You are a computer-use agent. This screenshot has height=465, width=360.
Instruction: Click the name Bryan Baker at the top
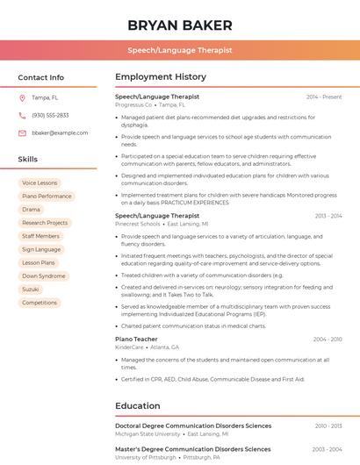pos(180,25)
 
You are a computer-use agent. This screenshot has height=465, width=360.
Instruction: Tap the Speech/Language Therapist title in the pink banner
pos(180,50)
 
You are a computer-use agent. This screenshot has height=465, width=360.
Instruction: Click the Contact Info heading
pos(41,77)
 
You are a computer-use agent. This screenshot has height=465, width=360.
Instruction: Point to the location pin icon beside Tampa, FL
pos(22,97)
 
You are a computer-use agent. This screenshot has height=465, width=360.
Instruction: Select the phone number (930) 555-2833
pos(50,115)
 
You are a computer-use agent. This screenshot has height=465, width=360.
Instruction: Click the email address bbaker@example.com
pos(60,132)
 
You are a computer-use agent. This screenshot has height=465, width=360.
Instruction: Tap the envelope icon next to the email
pos(22,132)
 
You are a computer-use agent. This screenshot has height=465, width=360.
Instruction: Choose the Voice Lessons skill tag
pos(40,182)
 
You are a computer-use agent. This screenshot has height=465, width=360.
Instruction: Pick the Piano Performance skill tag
pos(47,197)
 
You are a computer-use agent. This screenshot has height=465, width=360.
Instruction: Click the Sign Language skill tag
pos(41,249)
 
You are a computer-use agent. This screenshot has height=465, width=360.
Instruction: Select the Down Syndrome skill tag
pos(44,275)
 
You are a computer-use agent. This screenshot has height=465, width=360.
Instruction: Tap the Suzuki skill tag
pos(31,289)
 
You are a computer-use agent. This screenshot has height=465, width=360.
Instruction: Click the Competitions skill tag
pos(40,303)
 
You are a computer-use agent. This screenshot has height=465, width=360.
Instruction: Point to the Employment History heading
pos(161,77)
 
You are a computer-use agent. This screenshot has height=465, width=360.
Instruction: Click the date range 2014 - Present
pos(324,97)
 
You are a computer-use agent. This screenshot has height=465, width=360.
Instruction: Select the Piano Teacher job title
pos(136,339)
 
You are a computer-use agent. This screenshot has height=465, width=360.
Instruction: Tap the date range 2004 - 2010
pos(327,339)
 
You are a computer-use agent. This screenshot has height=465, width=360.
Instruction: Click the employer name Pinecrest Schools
pos(138,224)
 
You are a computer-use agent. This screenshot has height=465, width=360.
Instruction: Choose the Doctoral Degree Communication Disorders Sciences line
pos(193,426)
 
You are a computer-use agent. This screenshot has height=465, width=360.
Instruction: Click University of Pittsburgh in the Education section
pos(145,457)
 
